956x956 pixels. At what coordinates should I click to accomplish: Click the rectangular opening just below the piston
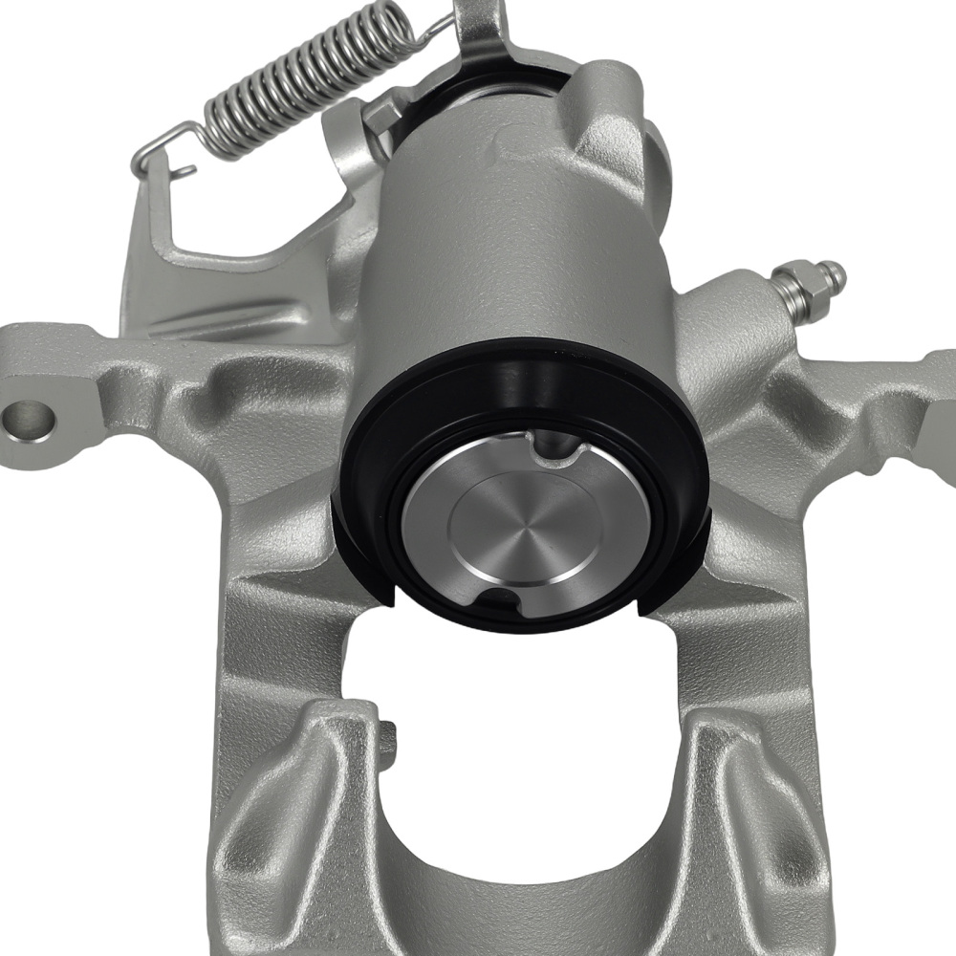516,669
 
